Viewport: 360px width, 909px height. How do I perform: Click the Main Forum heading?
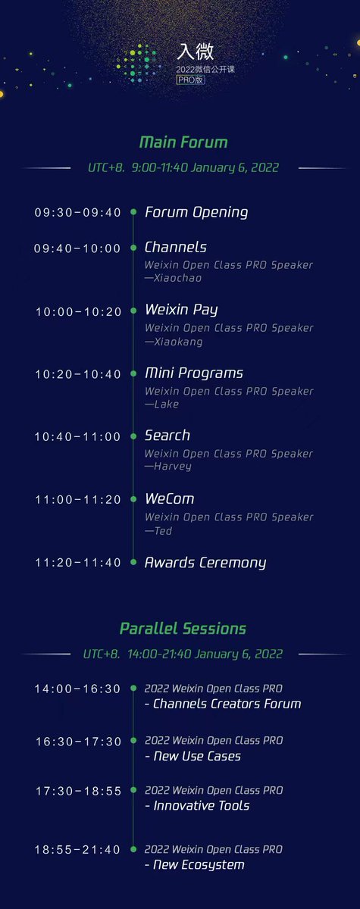coord(183,142)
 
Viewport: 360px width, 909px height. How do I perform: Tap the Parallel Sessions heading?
coord(183,629)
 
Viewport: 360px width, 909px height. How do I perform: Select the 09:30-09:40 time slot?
coord(78,213)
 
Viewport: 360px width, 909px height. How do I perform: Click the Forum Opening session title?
coord(196,212)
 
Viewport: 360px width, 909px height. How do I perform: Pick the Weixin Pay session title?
coord(181,310)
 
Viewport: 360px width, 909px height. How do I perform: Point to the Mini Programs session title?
coord(194,373)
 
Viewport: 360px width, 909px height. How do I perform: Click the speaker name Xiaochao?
coord(176,278)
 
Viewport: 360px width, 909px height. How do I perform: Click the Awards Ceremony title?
coord(205,563)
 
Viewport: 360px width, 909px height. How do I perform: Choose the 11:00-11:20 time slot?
coord(78,500)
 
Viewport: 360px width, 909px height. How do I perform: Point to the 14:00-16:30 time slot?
coord(78,689)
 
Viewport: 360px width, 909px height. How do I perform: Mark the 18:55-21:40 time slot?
coord(78,850)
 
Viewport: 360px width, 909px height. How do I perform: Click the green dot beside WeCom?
coord(133,499)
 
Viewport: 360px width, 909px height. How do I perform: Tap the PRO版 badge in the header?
coord(189,79)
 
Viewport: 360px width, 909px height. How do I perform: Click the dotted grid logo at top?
coord(141,62)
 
